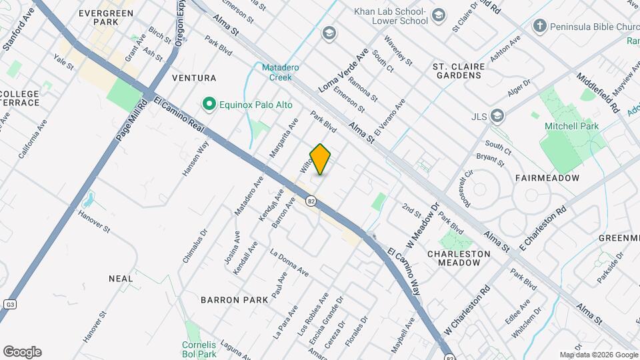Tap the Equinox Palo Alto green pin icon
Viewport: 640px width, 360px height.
209,104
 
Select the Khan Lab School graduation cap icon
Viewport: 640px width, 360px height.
438,15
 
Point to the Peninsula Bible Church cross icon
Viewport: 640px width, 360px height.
539,27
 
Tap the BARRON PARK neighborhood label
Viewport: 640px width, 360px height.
234,300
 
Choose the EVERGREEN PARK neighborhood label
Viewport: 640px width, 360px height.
97,17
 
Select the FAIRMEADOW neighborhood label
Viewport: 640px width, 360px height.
547,179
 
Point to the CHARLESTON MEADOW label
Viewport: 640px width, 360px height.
453,259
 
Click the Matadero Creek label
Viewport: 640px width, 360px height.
276,72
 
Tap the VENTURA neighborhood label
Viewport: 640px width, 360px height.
194,78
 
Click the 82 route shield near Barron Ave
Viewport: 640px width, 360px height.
311,201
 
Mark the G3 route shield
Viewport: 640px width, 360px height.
9,304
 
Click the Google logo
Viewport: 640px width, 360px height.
22,351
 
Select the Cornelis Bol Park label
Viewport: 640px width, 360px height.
199,349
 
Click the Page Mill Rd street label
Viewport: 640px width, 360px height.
131,121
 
